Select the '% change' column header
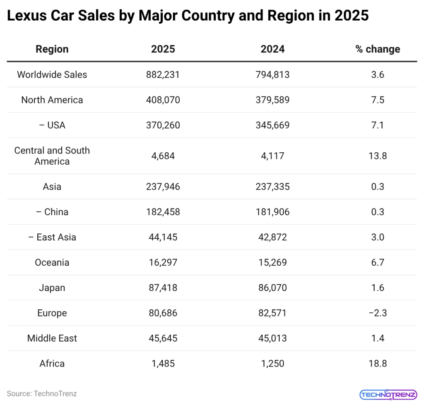pos(378,49)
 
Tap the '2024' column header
pos(272,49)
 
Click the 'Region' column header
pos(52,49)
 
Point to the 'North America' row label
pos(52,100)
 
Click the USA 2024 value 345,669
pos(272,125)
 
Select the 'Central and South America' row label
pos(52,156)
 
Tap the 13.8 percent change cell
pos(378,156)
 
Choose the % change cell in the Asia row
pos(378,187)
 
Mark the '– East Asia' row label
pos(52,237)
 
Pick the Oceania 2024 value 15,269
pos(272,262)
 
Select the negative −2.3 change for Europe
pos(378,313)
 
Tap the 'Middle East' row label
pos(52,338)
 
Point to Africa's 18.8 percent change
pos(378,363)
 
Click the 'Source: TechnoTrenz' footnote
pos(42,393)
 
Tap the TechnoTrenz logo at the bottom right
pos(388,394)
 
